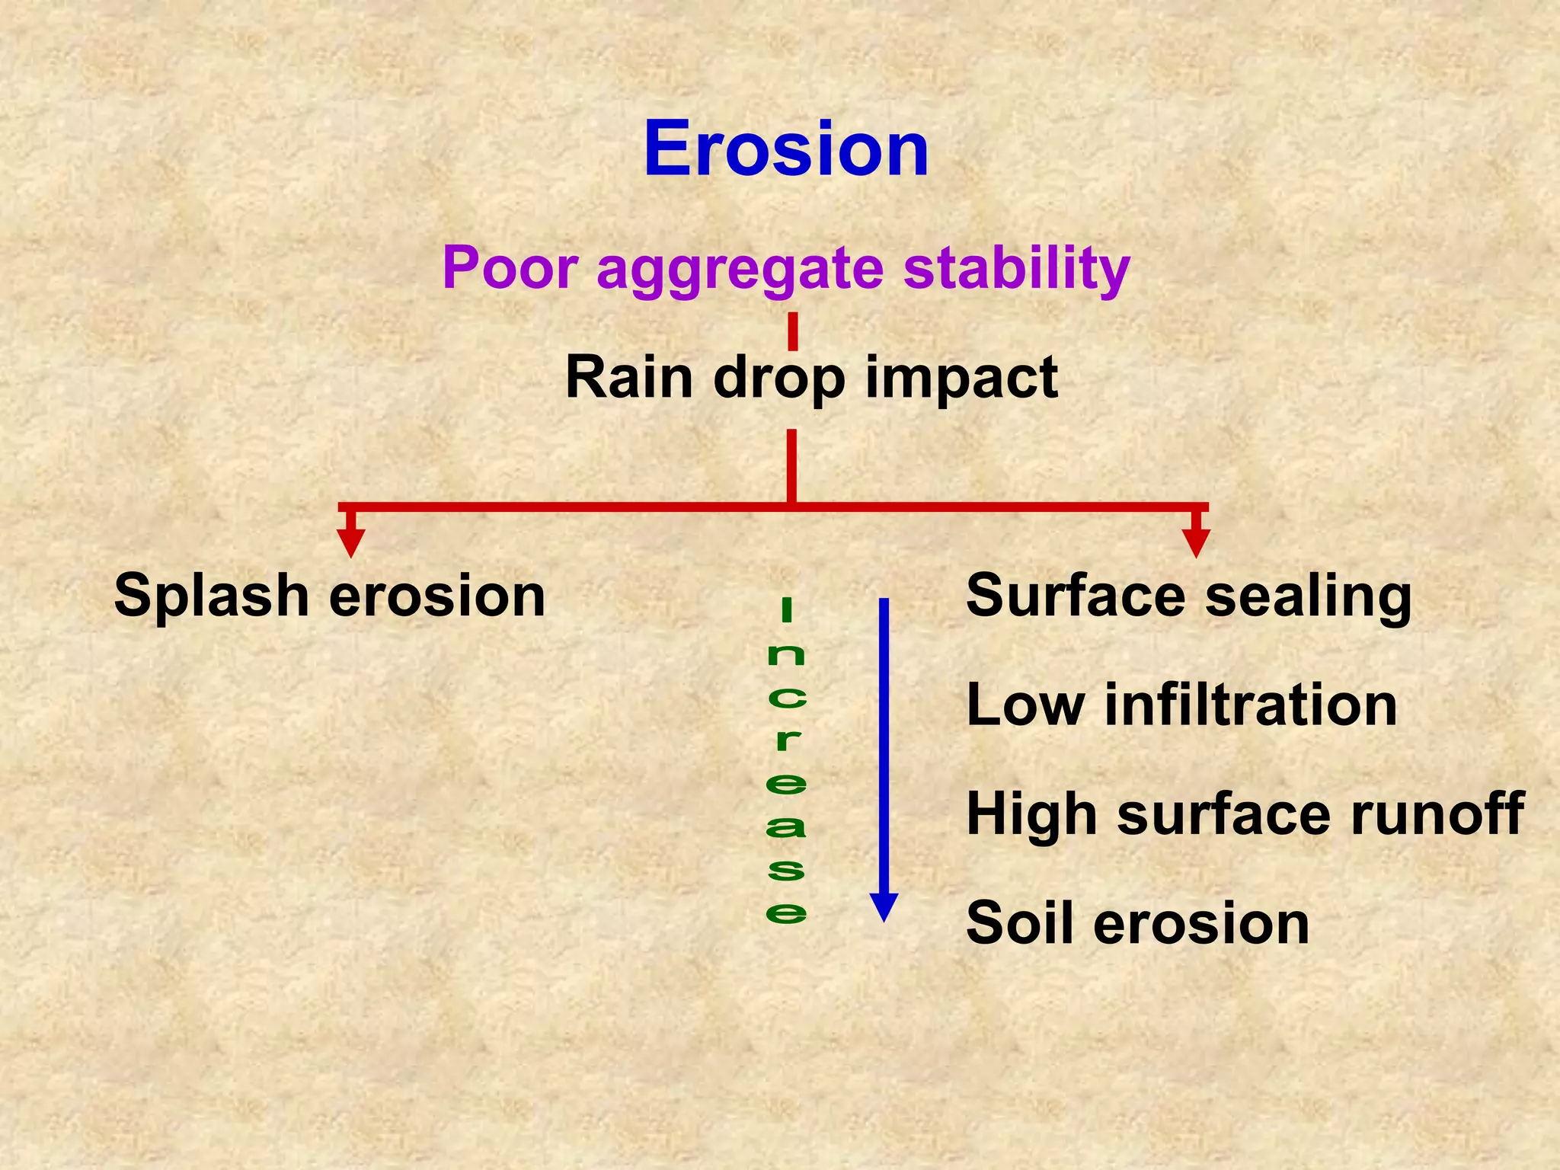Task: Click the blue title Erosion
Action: [786, 149]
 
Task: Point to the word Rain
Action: [629, 377]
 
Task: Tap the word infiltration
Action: [1250, 705]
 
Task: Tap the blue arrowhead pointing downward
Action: [884, 907]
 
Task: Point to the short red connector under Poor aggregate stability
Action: [792, 331]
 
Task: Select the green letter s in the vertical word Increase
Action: [786, 870]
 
